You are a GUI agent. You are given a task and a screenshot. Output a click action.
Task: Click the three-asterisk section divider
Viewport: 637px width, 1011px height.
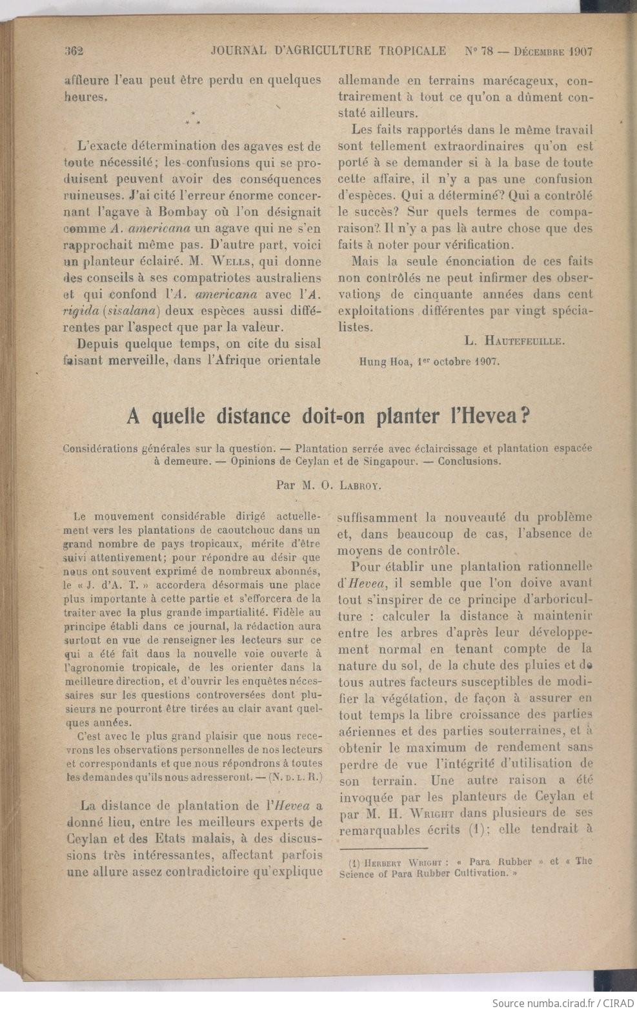193,118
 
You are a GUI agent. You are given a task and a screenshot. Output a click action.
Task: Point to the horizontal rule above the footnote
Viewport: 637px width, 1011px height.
383,849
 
